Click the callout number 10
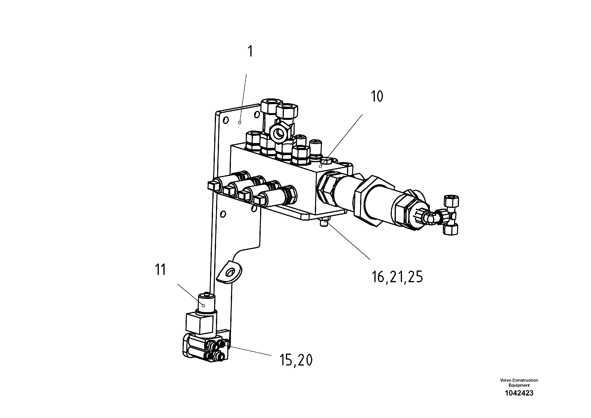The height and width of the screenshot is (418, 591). [377, 97]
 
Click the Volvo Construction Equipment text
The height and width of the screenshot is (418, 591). [519, 382]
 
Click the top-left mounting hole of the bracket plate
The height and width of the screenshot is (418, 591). [226, 120]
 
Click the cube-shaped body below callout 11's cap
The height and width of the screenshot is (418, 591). [200, 323]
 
